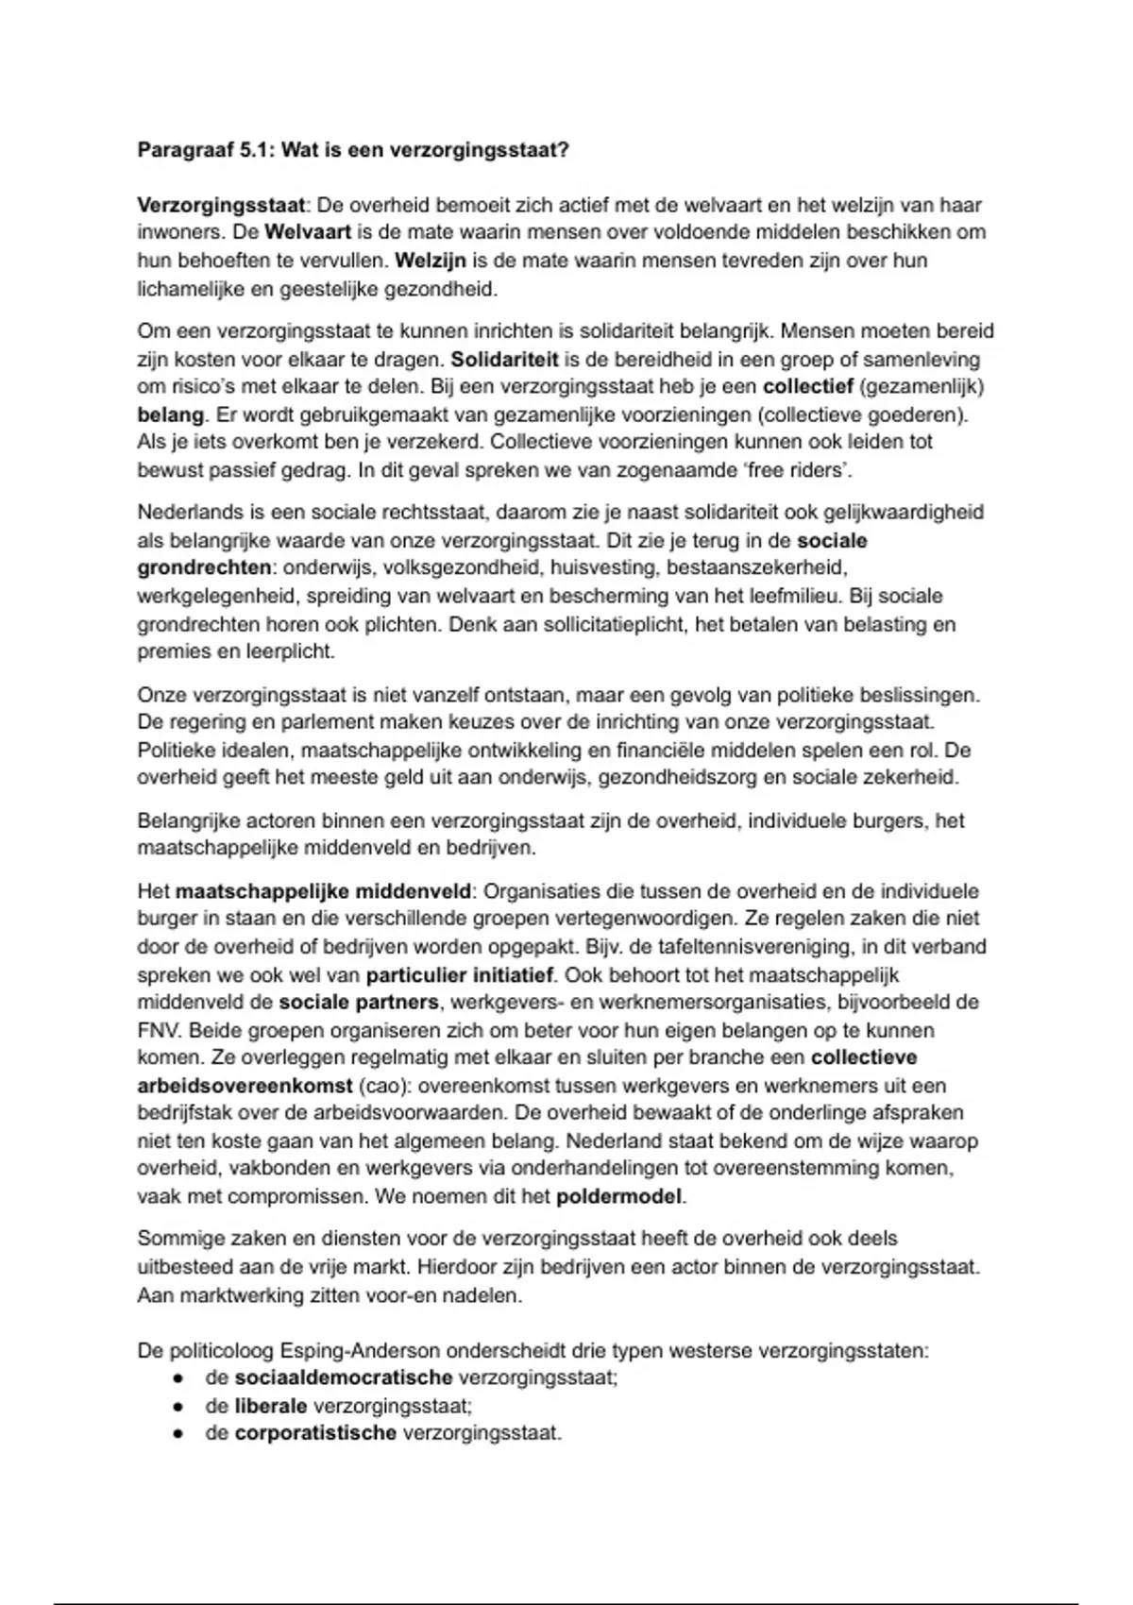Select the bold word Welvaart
[308, 232]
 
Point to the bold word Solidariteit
[505, 360]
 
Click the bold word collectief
[808, 387]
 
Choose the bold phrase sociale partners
[359, 1002]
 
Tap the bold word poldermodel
[618, 1197]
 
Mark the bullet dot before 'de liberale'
[178, 1407]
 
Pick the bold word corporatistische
[315, 1433]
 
